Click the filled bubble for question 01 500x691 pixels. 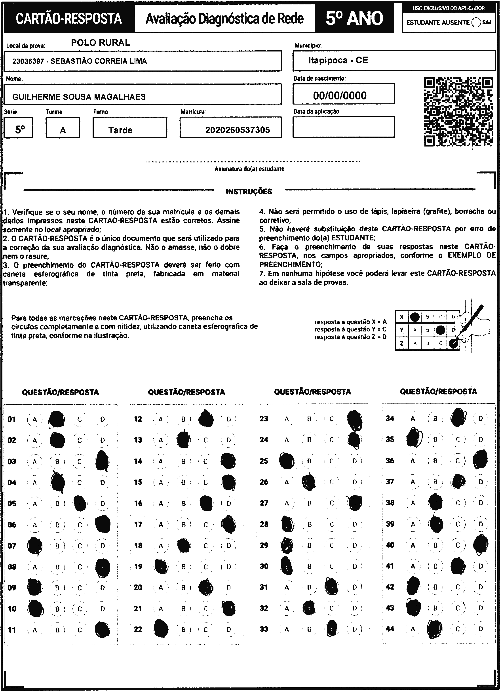57,419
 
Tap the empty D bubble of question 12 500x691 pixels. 228,419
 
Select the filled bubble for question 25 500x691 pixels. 287,461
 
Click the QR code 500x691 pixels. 458,112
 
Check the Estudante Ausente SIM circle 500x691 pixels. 476,22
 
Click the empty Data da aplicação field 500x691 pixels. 343,127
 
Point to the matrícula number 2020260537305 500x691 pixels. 237,130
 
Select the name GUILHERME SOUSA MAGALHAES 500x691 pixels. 79,97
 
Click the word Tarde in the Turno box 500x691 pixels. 120,130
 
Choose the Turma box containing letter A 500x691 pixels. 63,128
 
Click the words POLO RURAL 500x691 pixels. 101,43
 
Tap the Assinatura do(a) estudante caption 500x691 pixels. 249,169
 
